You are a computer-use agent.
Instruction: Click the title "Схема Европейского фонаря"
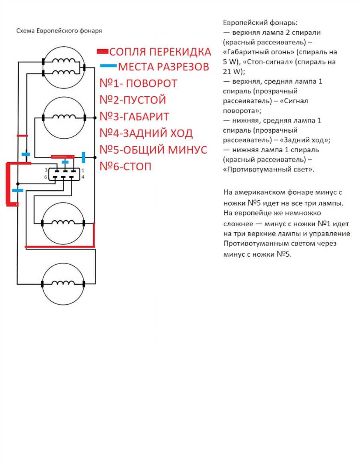tap(59, 31)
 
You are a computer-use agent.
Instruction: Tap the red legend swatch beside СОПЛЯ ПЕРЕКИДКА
tap(102, 52)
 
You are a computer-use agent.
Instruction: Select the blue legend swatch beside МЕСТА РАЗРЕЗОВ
tap(108, 66)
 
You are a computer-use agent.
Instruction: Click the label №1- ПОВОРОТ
tap(138, 84)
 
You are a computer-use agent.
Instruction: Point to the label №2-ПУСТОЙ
tap(133, 100)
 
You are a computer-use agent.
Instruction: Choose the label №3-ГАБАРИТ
tap(134, 117)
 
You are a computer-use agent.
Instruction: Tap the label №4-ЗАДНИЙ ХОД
tap(146, 133)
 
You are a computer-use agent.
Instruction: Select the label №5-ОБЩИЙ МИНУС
tap(153, 150)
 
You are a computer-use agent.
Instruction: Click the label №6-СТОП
tap(126, 166)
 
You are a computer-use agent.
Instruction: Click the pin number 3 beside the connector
tap(46, 170)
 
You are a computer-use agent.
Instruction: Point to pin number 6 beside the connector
tap(46, 177)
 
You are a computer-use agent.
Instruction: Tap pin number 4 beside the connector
tap(83, 177)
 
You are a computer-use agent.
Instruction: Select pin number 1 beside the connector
tap(83, 170)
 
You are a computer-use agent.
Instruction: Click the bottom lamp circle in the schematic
tap(42, 284)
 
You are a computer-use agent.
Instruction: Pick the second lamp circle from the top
tap(43, 118)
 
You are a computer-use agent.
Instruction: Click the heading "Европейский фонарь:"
tap(260, 23)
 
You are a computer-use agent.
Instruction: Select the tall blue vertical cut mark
tap(83, 158)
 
